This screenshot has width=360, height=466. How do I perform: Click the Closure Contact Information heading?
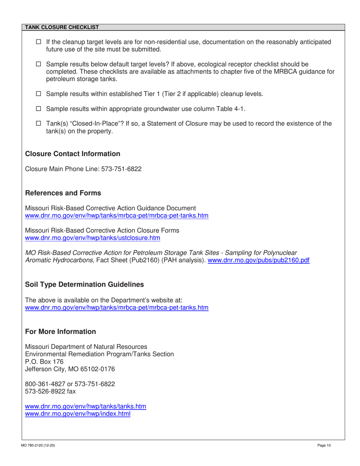click(72, 154)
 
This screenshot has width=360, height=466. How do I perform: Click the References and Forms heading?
click(63, 193)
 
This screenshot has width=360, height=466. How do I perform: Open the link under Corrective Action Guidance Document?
click(116, 216)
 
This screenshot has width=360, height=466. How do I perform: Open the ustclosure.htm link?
click(92, 238)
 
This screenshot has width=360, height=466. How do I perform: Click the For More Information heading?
click(60, 332)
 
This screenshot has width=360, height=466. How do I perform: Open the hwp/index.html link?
click(77, 413)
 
